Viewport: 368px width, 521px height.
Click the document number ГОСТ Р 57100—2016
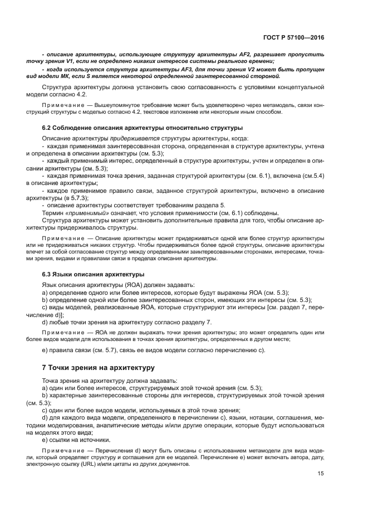tap(294, 38)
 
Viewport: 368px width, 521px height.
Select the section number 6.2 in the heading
tap(48, 128)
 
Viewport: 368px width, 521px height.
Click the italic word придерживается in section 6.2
tap(140, 138)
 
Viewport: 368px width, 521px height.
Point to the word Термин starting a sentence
tap(53, 213)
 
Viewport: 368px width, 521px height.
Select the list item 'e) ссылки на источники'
tap(75, 439)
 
